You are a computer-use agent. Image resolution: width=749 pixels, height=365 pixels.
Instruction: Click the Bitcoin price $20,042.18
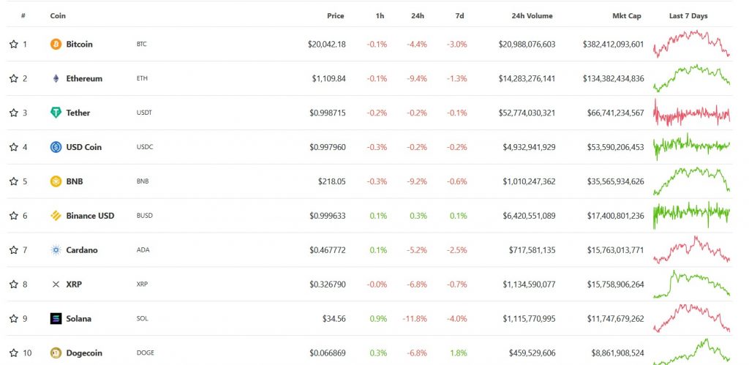(x=327, y=45)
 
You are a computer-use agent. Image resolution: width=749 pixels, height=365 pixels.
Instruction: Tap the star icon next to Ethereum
(x=13, y=78)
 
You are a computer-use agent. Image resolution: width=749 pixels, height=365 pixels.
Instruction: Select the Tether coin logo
(x=56, y=113)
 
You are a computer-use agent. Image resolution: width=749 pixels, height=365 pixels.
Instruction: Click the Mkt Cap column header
(x=627, y=16)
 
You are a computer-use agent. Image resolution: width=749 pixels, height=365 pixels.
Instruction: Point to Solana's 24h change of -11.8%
(x=415, y=319)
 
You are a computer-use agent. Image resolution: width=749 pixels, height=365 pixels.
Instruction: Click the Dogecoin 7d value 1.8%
(x=458, y=353)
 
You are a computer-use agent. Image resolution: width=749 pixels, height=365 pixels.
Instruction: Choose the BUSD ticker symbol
(x=145, y=216)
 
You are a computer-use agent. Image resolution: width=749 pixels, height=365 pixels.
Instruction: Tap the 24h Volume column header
(x=532, y=16)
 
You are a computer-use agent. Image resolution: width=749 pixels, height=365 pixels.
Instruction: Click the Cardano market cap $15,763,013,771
(x=616, y=250)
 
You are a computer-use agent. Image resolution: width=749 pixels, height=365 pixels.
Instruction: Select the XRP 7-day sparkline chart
(x=692, y=284)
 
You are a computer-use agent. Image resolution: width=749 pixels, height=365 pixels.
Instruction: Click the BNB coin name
(x=75, y=181)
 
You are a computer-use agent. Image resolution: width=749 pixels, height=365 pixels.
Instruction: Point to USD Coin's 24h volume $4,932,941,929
(x=529, y=147)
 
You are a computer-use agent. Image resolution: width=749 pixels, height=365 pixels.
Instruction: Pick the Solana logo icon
(x=56, y=319)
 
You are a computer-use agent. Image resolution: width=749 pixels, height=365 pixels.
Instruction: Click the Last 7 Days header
(x=688, y=16)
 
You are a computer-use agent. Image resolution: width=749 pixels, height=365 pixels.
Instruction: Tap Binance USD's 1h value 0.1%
(x=378, y=216)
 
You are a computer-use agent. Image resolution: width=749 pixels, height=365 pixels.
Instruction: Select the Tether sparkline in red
(x=692, y=113)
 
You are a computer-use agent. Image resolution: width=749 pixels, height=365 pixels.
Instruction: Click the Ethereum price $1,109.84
(x=328, y=78)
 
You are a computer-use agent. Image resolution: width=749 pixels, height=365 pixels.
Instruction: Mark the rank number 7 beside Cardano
(x=25, y=250)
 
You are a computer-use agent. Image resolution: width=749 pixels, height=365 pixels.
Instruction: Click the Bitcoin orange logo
(x=56, y=45)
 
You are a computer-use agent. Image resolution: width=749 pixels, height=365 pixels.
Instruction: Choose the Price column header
(x=335, y=16)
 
